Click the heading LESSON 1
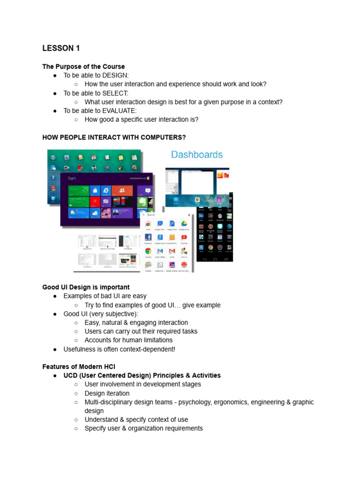point(58,48)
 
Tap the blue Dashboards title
point(196,155)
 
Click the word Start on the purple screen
point(72,179)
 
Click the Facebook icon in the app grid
point(148,238)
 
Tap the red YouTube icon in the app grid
point(184,238)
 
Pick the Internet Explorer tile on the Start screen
point(106,190)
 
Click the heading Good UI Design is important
point(86,287)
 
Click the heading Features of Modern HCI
point(78,367)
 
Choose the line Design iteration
point(107,393)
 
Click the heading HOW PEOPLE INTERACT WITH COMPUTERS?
point(114,137)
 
